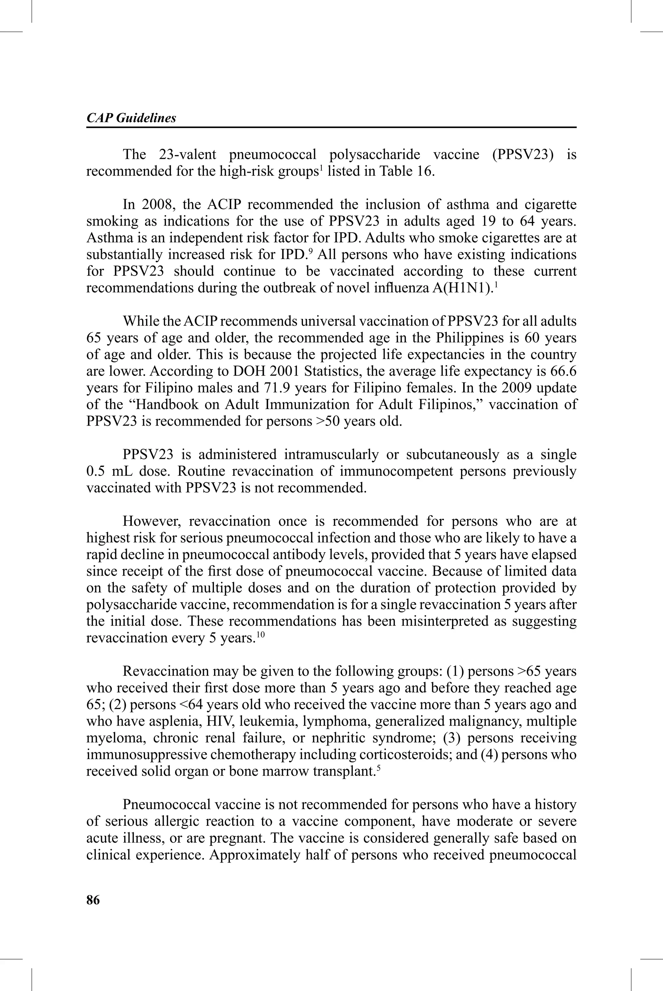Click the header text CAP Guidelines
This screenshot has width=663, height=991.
pyautogui.click(x=131, y=118)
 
